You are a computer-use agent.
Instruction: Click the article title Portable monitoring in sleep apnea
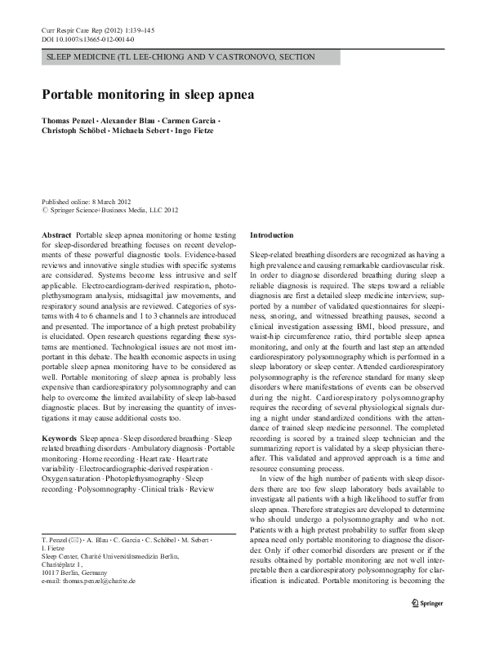click(148, 94)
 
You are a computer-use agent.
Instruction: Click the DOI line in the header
click(88, 38)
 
